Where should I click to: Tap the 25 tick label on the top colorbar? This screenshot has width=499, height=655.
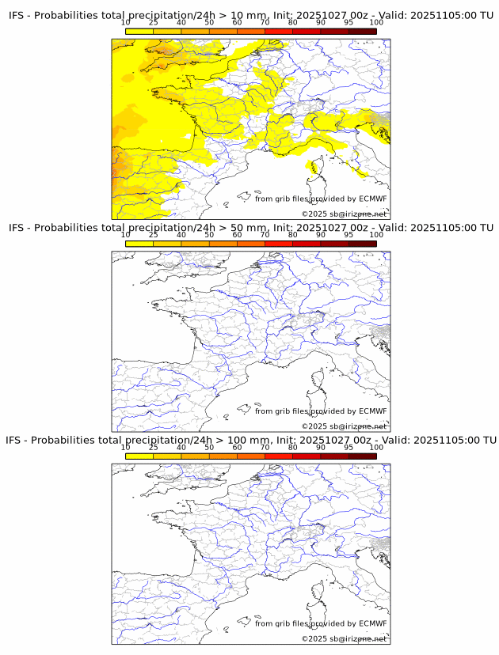click(x=154, y=23)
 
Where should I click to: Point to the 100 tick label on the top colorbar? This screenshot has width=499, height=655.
click(x=376, y=23)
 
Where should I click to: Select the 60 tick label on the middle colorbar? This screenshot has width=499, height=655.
click(x=237, y=235)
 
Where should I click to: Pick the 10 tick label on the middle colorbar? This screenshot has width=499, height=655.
click(x=126, y=235)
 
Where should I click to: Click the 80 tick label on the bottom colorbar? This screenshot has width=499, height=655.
click(x=293, y=447)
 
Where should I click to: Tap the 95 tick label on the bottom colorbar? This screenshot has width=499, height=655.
click(x=349, y=447)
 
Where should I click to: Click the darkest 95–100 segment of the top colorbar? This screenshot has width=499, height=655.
click(x=362, y=32)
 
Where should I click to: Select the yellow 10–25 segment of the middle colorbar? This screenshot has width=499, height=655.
click(x=139, y=244)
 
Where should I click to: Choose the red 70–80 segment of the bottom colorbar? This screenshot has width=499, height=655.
click(x=279, y=456)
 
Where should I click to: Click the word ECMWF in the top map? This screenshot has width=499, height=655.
click(x=372, y=199)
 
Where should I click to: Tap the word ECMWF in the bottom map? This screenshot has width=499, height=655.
click(x=372, y=623)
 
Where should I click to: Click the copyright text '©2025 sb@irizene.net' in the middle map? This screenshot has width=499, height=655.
click(x=344, y=426)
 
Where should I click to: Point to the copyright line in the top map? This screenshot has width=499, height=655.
click(x=344, y=214)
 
